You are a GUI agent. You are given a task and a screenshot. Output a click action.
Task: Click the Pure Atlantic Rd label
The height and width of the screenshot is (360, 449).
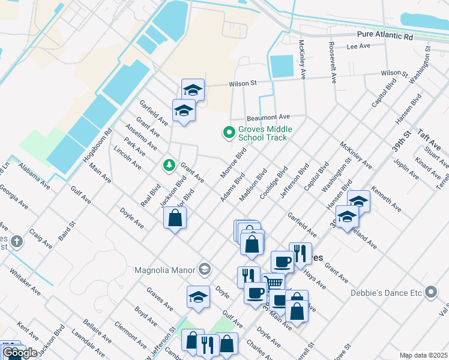385,37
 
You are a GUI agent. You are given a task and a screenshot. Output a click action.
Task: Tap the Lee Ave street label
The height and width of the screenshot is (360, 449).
358,46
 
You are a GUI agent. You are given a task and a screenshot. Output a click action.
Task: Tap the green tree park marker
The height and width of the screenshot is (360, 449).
169,164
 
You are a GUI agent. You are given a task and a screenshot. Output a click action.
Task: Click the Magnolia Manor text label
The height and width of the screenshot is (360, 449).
165,268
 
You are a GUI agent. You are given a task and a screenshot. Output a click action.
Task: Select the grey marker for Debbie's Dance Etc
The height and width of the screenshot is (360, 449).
430,293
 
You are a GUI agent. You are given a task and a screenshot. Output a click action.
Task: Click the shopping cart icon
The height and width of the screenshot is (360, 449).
274,281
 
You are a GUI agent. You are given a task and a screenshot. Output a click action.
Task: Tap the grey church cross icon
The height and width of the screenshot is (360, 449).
17,242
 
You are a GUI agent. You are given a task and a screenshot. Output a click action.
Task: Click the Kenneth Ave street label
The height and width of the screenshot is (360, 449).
387,199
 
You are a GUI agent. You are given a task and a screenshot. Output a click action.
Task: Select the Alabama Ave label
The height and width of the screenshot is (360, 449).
34,175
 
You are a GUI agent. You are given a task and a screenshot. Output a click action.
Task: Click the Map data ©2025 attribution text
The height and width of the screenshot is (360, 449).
423,355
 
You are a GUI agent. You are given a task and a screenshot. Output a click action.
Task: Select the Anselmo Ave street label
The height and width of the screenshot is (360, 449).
140,137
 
